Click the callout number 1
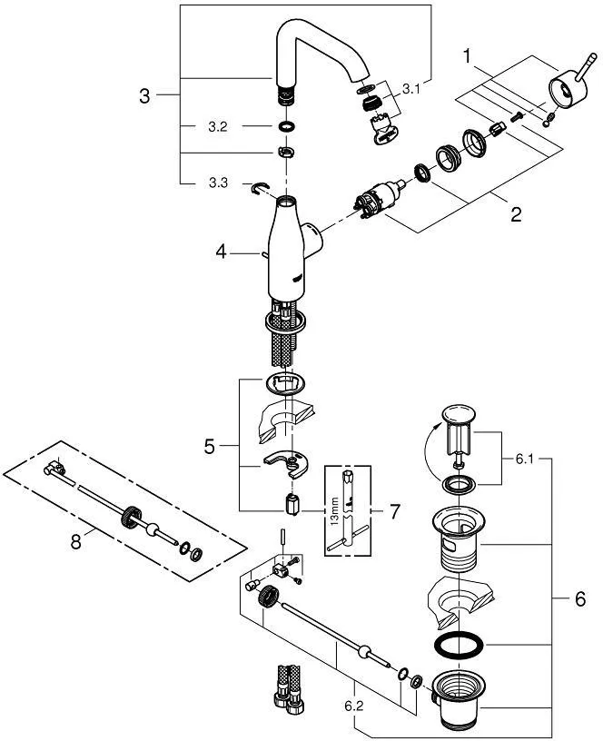(468, 56)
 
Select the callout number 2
(515, 214)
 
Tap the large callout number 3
(143, 95)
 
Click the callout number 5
(209, 447)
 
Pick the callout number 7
(395, 511)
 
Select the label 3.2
(217, 126)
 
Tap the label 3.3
(217, 183)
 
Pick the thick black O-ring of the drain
(459, 647)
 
